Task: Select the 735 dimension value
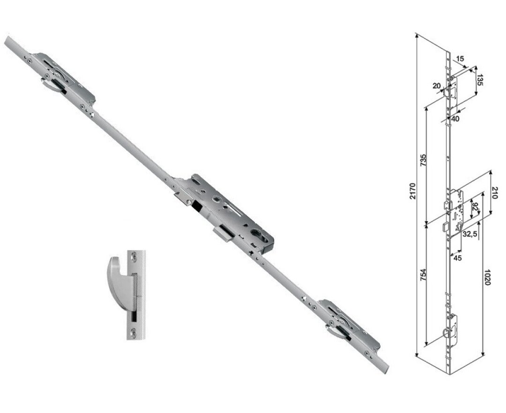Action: pos(423,161)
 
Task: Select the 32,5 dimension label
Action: pos(470,233)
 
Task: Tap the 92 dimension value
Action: pos(475,207)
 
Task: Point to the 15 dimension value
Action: pos(460,59)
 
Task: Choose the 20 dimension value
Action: pos(437,85)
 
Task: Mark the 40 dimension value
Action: pos(455,119)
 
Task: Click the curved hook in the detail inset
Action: pos(117,282)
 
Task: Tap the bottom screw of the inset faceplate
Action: pos(135,333)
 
